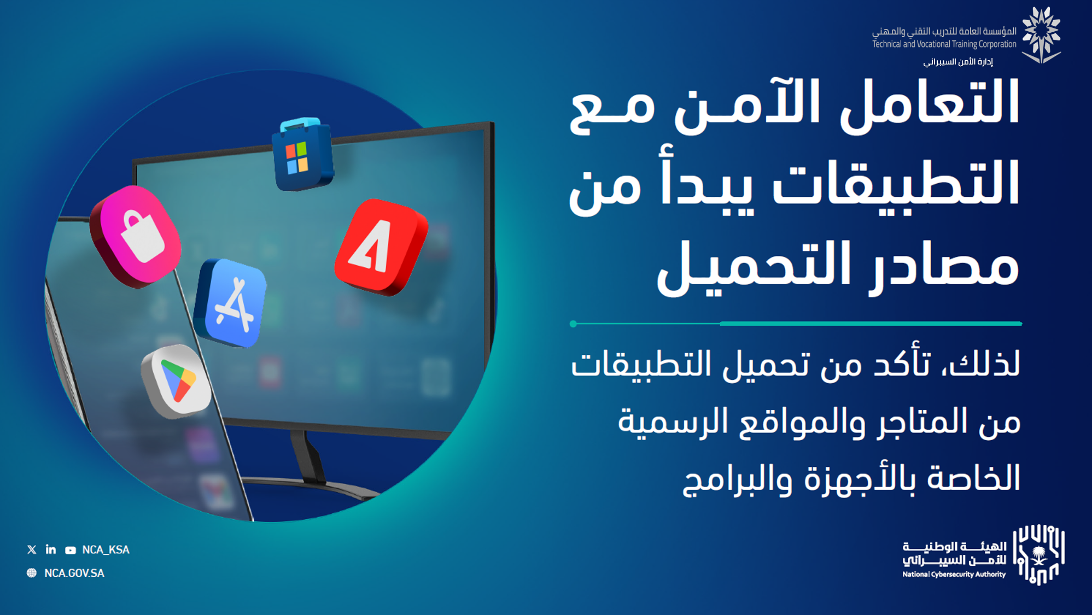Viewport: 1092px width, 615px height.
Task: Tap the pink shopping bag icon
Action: (136, 236)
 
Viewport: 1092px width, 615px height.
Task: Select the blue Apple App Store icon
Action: (231, 302)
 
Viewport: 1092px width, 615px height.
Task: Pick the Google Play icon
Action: (176, 382)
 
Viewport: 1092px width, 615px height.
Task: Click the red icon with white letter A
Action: (381, 247)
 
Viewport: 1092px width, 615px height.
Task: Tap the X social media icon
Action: (32, 549)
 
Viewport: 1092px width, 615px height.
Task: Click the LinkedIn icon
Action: (51, 549)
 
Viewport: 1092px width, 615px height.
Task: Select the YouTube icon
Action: (71, 550)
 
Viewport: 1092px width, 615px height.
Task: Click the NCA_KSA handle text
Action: (106, 549)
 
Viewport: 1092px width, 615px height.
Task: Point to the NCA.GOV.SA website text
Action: (74, 573)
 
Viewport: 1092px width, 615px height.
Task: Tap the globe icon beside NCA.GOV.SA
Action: (32, 573)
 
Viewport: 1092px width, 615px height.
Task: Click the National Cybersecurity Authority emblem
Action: (1038, 554)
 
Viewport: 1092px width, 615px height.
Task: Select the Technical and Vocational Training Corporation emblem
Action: (1042, 35)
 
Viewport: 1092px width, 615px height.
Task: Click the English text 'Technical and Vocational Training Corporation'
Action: (944, 44)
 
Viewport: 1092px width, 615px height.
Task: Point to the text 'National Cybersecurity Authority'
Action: (954, 575)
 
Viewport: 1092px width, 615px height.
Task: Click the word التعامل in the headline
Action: (929, 104)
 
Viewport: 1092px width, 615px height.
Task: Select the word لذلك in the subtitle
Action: (982, 364)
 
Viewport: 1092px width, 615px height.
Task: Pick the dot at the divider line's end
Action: (573, 324)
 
